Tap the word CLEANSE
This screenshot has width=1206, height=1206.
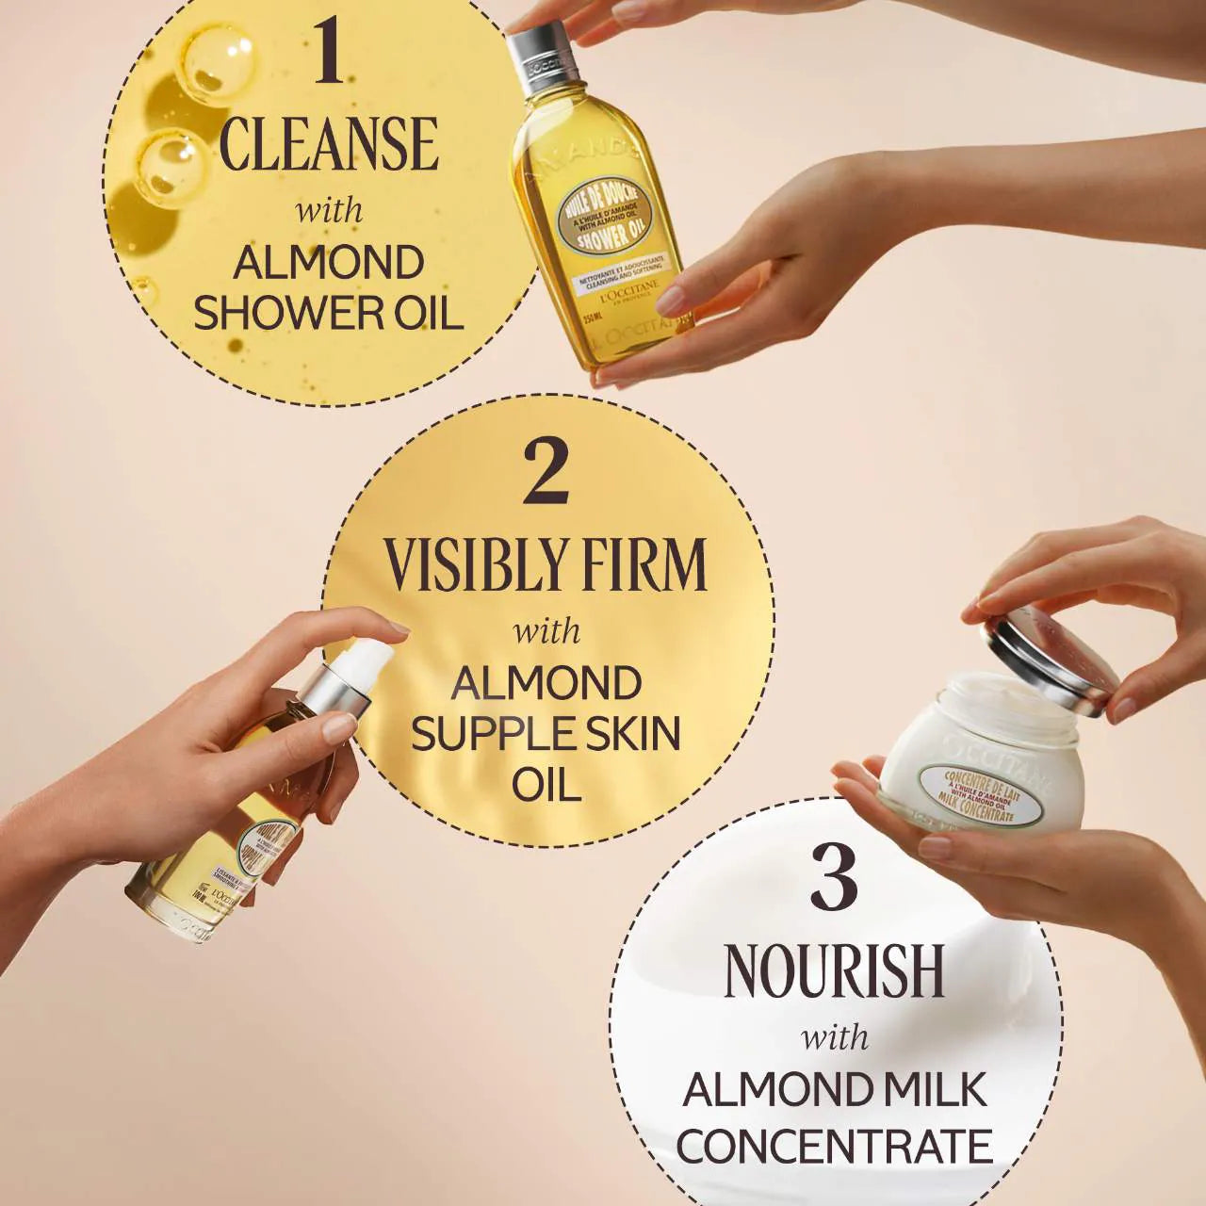(x=328, y=144)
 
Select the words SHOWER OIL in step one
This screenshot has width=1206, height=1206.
(x=328, y=313)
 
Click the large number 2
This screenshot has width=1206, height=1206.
(x=546, y=473)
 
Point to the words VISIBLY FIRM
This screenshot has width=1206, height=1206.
(x=546, y=565)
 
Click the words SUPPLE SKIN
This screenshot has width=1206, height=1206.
(x=546, y=733)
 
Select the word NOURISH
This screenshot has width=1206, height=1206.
(x=834, y=970)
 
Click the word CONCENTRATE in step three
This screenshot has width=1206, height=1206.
(x=834, y=1146)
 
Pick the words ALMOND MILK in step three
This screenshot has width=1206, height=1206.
(x=834, y=1090)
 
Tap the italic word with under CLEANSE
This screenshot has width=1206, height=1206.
(x=328, y=209)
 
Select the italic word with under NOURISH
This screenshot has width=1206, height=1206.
(x=834, y=1036)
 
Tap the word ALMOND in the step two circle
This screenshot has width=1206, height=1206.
(x=546, y=682)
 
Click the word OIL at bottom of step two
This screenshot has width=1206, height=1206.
(x=546, y=784)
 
